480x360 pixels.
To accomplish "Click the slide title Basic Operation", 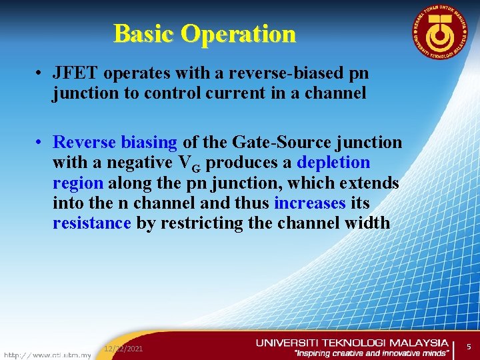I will click(x=204, y=33).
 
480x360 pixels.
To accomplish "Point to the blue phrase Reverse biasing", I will click(x=115, y=143).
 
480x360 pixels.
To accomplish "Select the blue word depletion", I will click(x=333, y=163).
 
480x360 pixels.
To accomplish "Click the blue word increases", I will click(x=309, y=203).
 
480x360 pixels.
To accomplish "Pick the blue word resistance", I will click(x=91, y=223).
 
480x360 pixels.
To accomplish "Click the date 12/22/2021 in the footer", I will click(x=123, y=349).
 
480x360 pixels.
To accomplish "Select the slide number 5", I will click(x=468, y=347).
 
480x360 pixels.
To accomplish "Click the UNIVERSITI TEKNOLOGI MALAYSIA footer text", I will click(x=352, y=343).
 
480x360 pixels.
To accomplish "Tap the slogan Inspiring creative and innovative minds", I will click(x=371, y=353).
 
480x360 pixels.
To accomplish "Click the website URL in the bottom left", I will click(x=47, y=355).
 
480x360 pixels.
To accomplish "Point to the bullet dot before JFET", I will click(x=41, y=73).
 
